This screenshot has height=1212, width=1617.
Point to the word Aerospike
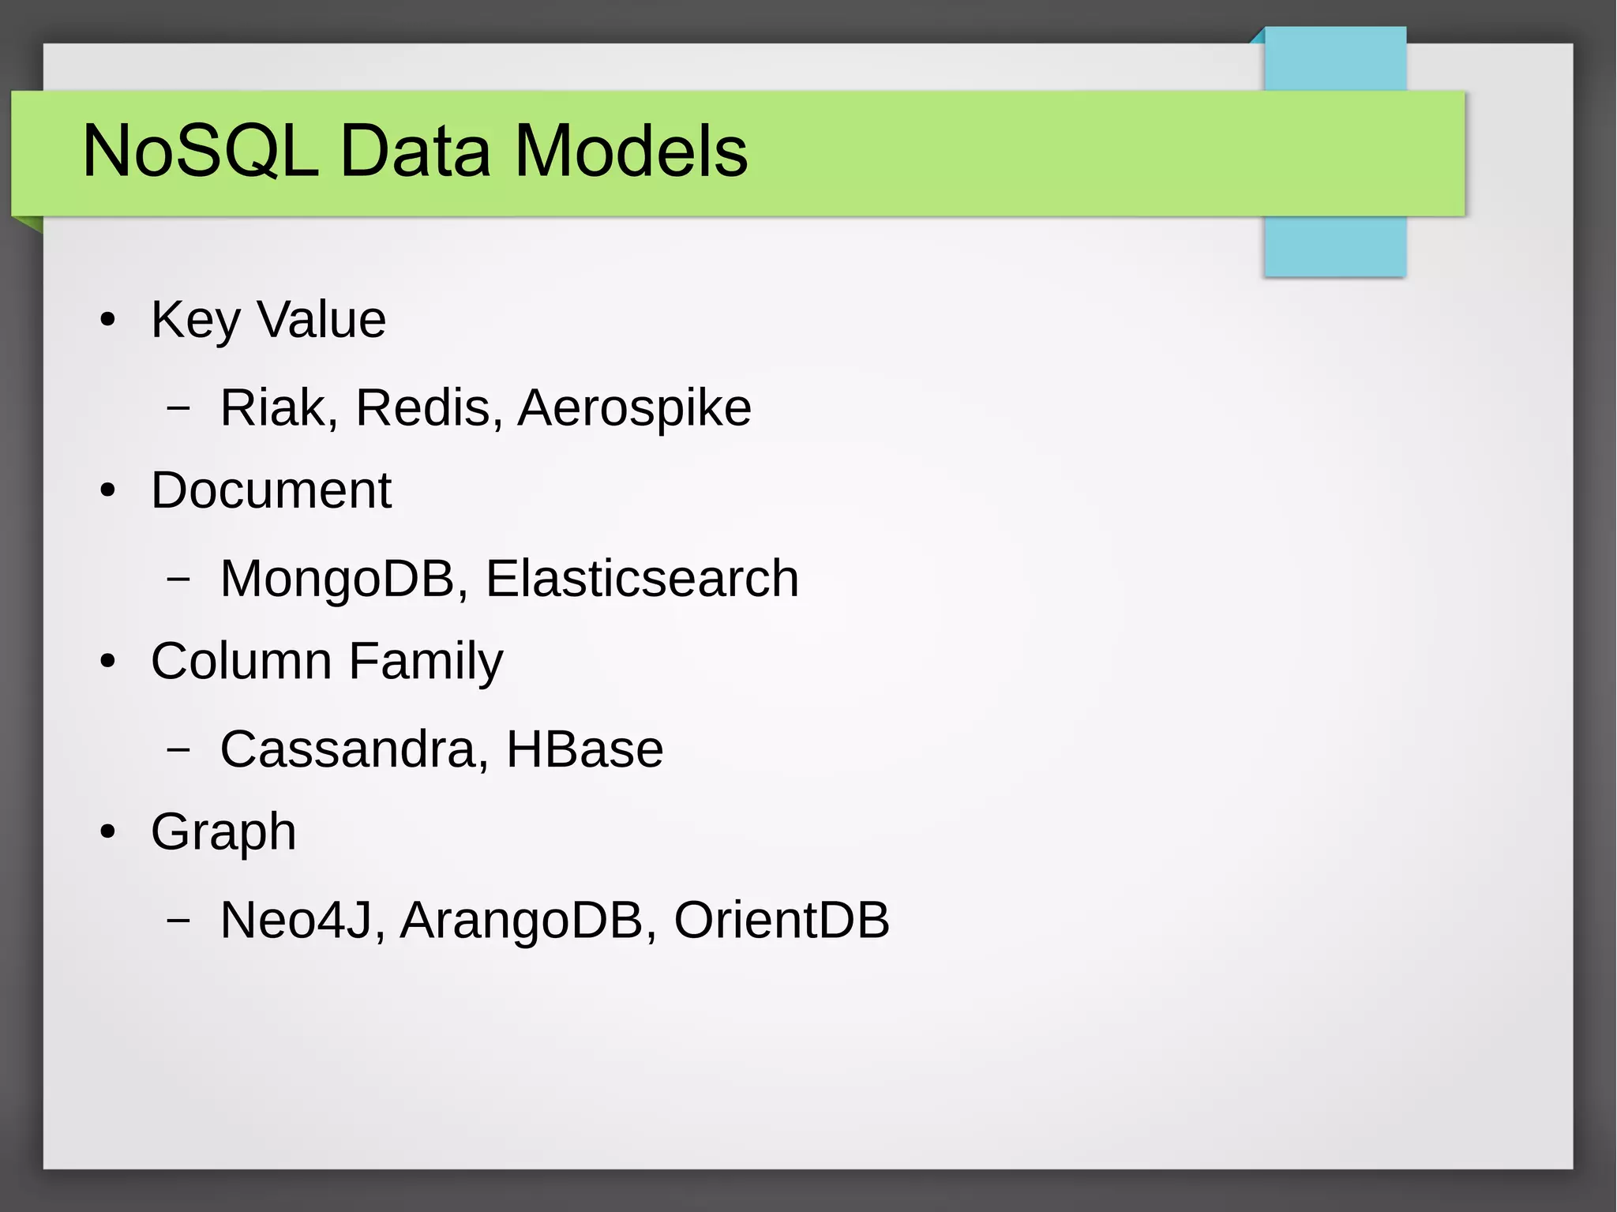tap(634, 408)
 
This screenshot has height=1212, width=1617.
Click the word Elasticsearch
tap(641, 579)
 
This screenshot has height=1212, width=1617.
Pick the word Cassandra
tap(347, 749)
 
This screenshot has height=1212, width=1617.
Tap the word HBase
tap(584, 749)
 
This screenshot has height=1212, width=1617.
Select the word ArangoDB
tap(521, 920)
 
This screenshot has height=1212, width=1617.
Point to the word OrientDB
tap(782, 920)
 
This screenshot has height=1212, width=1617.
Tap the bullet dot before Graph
tap(108, 833)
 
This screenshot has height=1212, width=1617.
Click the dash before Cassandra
tap(179, 750)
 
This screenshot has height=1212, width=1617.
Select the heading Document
tap(271, 490)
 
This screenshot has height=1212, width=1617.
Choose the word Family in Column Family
tap(426, 661)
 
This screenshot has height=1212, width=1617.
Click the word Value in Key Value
tap(321, 320)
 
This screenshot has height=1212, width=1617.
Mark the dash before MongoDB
tap(179, 580)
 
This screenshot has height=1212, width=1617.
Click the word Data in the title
tap(415, 151)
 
